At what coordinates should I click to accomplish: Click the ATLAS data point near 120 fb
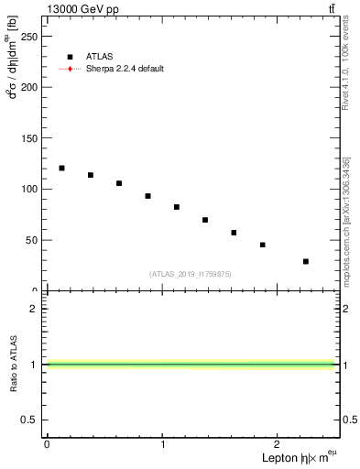pyautogui.click(x=61, y=168)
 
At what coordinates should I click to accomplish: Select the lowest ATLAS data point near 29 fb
pyautogui.click(x=306, y=261)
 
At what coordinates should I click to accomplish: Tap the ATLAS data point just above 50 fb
pyautogui.click(x=234, y=233)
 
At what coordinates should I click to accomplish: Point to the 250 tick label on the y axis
pyautogui.click(x=28, y=36)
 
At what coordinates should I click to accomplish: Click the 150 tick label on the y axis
pyautogui.click(x=28, y=137)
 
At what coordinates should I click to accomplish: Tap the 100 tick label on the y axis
pyautogui.click(x=28, y=189)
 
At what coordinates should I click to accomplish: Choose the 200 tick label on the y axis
pyautogui.click(x=28, y=87)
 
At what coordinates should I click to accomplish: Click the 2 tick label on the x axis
pyautogui.click(x=280, y=444)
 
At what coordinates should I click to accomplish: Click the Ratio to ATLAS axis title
pyautogui.click(x=14, y=364)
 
